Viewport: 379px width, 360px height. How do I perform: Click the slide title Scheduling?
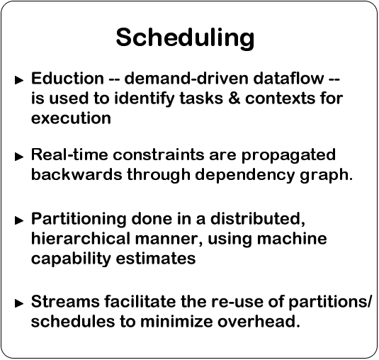pyautogui.click(x=185, y=38)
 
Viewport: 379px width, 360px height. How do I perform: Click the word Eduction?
pyautogui.click(x=68, y=79)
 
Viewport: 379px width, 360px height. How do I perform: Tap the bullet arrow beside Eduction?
pyautogui.click(x=19, y=80)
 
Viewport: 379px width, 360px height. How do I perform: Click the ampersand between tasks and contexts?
pyautogui.click(x=234, y=99)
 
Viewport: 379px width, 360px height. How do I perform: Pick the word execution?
pyautogui.click(x=71, y=118)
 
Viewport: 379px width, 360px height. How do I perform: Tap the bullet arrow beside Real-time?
pyautogui.click(x=19, y=157)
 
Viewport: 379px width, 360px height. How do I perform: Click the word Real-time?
pyautogui.click(x=69, y=154)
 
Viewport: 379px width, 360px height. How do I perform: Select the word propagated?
pyautogui.click(x=288, y=156)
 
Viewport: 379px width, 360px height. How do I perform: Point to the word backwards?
pyautogui.click(x=77, y=174)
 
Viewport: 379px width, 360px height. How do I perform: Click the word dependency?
pyautogui.click(x=245, y=176)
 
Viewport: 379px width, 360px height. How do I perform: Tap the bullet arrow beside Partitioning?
pyautogui.click(x=19, y=220)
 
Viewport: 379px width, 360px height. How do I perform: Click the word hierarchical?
pyautogui.click(x=81, y=238)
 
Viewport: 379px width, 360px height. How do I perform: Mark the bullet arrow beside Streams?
pyautogui.click(x=19, y=303)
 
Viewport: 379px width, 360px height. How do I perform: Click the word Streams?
pyautogui.click(x=65, y=301)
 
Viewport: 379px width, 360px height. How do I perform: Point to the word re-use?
pyautogui.click(x=237, y=301)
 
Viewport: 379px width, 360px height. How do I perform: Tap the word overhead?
pyautogui.click(x=259, y=321)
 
